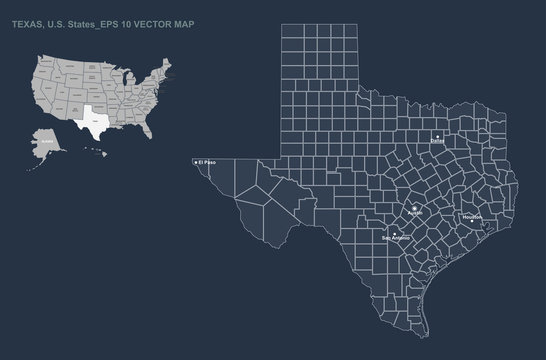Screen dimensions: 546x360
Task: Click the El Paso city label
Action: coord(208,162)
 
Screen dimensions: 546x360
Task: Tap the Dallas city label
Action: coord(437,142)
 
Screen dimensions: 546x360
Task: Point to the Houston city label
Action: coord(473,216)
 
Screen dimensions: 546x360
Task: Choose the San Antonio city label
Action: coord(396,239)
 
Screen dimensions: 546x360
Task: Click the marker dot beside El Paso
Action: coord(195,162)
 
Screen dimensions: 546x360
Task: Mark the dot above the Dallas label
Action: coord(437,135)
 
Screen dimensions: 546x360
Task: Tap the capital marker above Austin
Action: coord(415,207)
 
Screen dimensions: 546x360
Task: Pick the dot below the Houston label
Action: coord(472,221)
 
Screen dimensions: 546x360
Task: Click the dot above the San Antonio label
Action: coord(396,233)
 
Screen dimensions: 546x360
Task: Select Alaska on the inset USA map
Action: coord(46,143)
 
